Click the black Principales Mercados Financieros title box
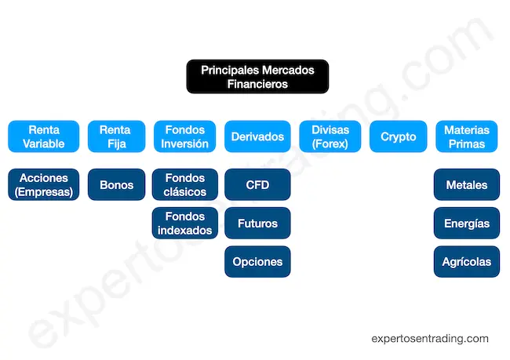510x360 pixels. point(257,77)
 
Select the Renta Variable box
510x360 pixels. point(44,136)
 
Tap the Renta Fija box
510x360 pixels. point(116,136)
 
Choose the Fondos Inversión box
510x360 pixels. point(185,136)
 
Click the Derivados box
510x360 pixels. point(257,136)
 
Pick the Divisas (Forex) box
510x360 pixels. point(330,136)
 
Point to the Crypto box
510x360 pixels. point(399,136)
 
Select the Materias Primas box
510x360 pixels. point(466,136)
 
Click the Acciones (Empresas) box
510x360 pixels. point(44,185)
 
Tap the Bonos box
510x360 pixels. point(116,185)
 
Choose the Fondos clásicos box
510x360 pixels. point(185,185)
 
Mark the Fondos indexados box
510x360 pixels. point(185,224)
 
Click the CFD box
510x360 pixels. point(257,185)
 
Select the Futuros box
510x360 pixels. point(257,224)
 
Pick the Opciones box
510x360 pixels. point(257,261)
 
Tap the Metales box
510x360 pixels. point(466,185)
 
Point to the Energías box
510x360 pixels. point(466,224)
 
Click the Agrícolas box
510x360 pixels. point(466,261)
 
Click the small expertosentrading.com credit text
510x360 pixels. point(429,339)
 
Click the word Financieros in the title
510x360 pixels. point(257,84)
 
